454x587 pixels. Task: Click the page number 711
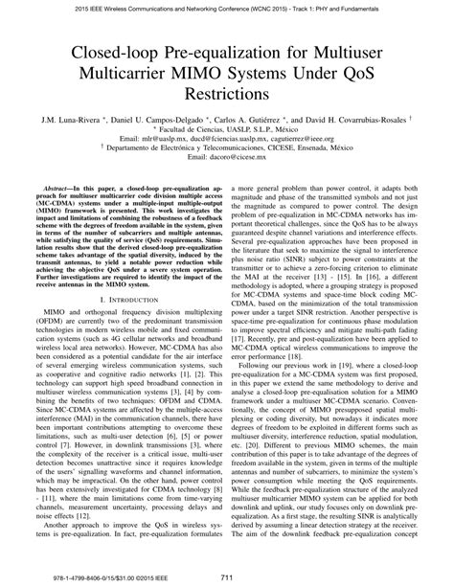pos(226,576)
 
